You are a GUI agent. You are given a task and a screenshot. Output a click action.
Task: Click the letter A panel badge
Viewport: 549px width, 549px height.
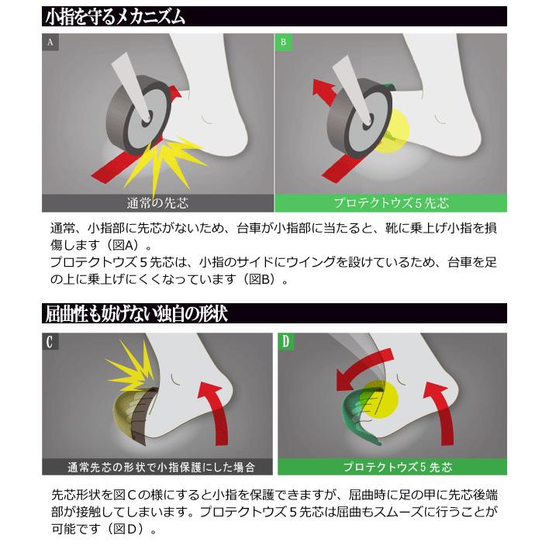(50, 43)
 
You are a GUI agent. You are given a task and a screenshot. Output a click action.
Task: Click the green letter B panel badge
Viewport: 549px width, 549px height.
(283, 43)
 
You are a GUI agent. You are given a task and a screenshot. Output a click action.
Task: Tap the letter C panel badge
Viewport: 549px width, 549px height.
(50, 342)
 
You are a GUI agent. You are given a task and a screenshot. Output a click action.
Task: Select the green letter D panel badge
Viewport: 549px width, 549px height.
(286, 342)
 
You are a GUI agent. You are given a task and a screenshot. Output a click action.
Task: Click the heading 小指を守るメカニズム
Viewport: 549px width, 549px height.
(116, 17)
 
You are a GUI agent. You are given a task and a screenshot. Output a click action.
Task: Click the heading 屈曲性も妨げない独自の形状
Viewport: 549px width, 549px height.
(136, 313)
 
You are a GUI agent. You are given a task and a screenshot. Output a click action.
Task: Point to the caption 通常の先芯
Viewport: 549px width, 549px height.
(157, 203)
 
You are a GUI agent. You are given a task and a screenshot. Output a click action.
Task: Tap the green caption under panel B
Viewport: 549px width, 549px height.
(391, 203)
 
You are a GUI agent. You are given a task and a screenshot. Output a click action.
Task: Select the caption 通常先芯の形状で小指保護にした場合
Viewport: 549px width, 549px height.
(161, 467)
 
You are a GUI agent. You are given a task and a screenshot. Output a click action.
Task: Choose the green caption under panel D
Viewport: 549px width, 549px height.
(398, 467)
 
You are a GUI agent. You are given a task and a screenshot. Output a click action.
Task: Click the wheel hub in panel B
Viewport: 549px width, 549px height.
(368, 123)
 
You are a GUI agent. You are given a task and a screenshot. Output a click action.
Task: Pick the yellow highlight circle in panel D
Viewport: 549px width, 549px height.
(380, 399)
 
